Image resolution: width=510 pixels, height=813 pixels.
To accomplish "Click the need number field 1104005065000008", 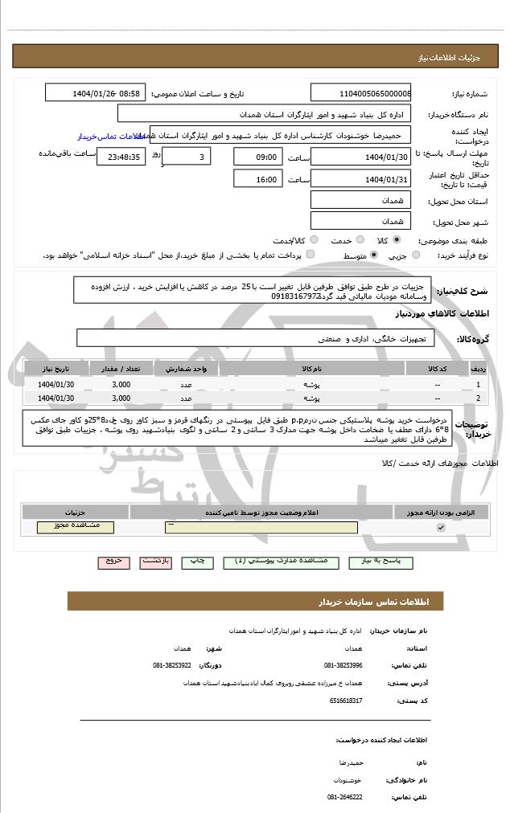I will click(x=361, y=93).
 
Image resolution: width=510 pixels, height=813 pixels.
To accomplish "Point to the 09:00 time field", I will click(x=257, y=156).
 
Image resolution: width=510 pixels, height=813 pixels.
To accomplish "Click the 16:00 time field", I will click(x=257, y=178).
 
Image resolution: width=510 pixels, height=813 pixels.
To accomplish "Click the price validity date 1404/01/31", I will click(x=360, y=178).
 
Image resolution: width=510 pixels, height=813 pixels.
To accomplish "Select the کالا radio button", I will click(x=397, y=240).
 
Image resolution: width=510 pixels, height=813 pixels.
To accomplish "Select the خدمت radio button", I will click(x=358, y=240).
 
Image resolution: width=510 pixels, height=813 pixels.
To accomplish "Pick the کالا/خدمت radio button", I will click(x=312, y=240).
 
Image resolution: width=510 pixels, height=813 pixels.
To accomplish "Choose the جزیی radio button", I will click(x=415, y=255).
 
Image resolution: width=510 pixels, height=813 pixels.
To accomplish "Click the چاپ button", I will click(x=201, y=562).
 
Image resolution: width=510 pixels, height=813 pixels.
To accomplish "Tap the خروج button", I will click(x=112, y=562).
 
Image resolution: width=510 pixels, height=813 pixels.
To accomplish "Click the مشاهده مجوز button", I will click(x=76, y=527).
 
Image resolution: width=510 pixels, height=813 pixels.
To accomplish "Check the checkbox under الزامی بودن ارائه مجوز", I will click(x=440, y=528).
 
